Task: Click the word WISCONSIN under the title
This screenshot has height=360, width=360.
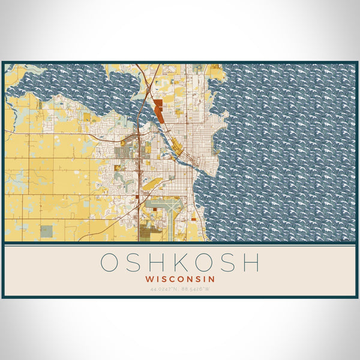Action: (x=180, y=279)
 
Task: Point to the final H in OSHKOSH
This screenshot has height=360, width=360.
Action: (x=251, y=263)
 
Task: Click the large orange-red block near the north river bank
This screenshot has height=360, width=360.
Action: (x=158, y=111)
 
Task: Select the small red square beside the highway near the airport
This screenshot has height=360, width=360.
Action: (x=137, y=196)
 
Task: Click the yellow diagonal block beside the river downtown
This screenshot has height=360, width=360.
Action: (x=177, y=145)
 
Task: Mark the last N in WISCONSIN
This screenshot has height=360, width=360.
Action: (x=212, y=279)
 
